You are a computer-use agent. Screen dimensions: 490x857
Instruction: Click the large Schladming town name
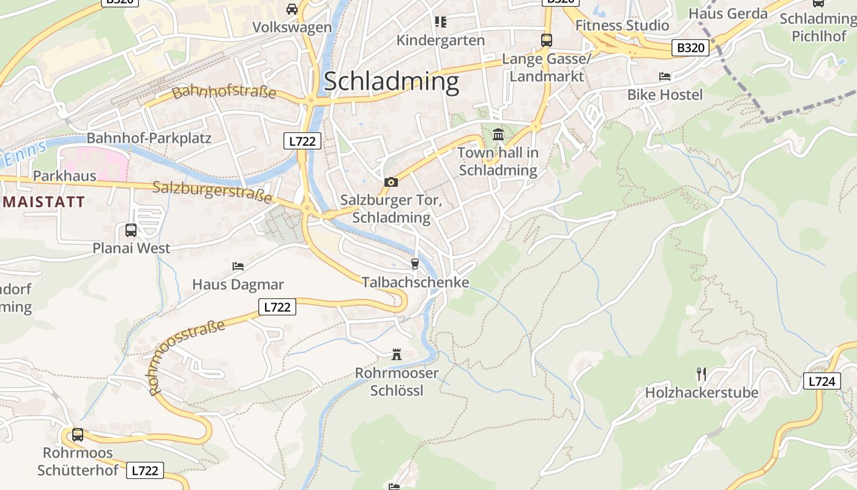(x=391, y=81)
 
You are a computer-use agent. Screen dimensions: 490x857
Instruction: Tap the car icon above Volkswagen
(x=292, y=9)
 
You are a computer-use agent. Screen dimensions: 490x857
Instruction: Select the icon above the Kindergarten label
(x=440, y=22)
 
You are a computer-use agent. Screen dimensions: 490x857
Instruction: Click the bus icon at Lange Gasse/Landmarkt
(x=547, y=40)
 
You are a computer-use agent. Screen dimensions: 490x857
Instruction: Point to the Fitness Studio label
(x=623, y=26)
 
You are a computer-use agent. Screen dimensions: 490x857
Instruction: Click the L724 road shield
(x=821, y=382)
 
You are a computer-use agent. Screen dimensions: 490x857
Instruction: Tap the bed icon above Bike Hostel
(x=665, y=77)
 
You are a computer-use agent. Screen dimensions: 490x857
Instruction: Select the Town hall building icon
(x=498, y=134)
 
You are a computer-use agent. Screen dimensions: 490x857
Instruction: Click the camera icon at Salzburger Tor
(x=391, y=182)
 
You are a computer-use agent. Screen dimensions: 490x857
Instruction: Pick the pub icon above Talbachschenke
(x=415, y=264)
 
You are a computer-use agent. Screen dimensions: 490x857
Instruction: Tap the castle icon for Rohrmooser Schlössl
(x=397, y=355)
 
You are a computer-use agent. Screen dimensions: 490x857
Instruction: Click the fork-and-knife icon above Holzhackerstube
(x=702, y=374)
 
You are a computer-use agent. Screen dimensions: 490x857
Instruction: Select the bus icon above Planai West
(x=131, y=230)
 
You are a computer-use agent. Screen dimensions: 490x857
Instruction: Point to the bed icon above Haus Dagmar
(x=238, y=266)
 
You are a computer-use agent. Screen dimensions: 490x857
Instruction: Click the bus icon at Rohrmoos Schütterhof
(x=78, y=435)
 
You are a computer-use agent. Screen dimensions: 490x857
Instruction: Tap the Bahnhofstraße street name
(x=224, y=92)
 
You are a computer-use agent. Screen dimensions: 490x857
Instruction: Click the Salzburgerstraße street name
(x=212, y=192)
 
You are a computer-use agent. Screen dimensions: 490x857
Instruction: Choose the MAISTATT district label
(x=43, y=203)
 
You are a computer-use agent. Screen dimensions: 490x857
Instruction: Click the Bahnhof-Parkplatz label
(x=149, y=138)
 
